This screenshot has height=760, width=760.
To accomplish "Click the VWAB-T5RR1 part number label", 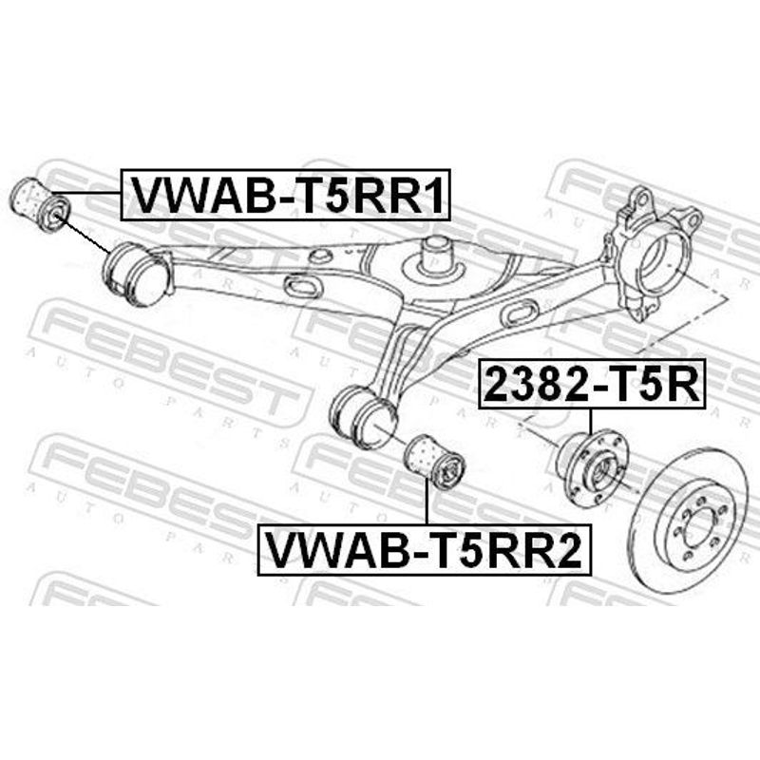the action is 286,195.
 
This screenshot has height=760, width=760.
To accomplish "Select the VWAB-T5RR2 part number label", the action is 424,550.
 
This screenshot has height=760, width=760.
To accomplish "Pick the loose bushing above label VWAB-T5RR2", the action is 435,462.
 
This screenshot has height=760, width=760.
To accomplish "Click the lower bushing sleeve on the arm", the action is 364,416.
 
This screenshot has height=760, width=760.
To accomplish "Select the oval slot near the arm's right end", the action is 520,313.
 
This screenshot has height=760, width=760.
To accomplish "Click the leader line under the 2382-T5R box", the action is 591,423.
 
